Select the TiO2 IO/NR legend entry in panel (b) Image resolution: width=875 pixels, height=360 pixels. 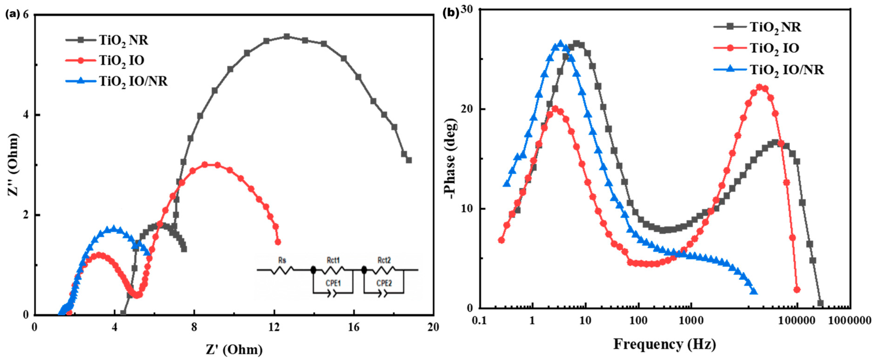pos(787,70)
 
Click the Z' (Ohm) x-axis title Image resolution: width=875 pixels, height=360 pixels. pos(234,349)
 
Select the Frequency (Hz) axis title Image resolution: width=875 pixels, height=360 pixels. pos(665,344)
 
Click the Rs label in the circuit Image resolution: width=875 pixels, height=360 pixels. pos(282,261)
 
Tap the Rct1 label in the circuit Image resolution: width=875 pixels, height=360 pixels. pos(333,261)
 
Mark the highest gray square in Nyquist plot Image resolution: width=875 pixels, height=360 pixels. pos(287,36)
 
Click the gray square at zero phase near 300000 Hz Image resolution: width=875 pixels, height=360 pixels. pos(820,303)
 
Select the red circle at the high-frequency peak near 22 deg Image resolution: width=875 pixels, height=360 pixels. pos(760,88)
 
